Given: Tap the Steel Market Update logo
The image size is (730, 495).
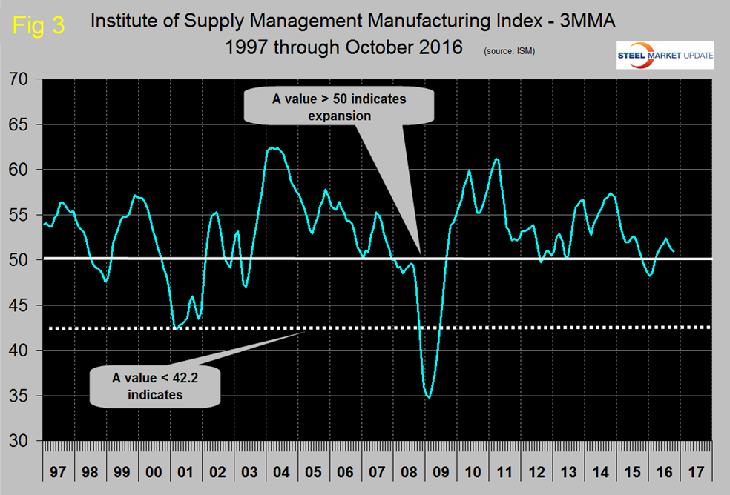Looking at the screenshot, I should coord(665,56).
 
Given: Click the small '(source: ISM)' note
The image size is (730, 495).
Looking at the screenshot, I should coord(509,51).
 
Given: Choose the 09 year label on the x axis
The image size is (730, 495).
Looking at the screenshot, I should coord(441,471).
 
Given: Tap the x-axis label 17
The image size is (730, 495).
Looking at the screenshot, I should coord(695,471).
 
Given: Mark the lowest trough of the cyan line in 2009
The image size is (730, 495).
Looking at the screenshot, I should coord(429,397).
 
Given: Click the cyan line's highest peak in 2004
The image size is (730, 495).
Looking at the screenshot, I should coord(275,148).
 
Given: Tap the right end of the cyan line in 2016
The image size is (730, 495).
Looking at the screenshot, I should coord(673,251).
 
